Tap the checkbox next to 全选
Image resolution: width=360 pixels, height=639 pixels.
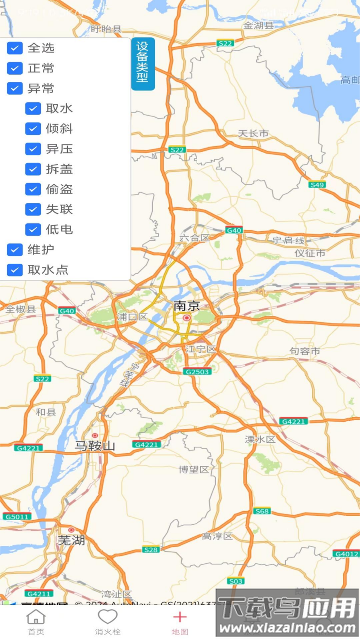coord(15,48)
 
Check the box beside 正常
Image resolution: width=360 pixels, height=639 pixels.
coord(15,68)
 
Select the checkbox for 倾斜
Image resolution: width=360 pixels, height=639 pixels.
coord(33,129)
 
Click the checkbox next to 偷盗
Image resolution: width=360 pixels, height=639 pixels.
coord(33,189)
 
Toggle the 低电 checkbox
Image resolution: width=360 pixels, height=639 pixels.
coord(33,229)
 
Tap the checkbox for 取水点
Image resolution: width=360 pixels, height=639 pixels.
coord(15,270)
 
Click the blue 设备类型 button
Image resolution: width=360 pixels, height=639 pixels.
coord(143,63)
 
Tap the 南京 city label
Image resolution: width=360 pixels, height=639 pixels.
coord(186,306)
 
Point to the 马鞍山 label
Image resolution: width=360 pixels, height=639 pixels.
coord(94,446)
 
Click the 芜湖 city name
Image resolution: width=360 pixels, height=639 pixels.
coord(71,540)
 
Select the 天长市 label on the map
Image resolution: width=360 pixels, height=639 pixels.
coord(253,133)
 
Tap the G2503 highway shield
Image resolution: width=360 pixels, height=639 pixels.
coord(197,372)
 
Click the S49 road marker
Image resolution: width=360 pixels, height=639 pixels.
coord(317,184)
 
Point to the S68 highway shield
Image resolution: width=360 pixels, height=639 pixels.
coord(262,511)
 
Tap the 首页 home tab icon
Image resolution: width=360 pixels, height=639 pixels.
coord(36,617)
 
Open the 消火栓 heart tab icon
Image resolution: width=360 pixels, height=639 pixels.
coord(108,617)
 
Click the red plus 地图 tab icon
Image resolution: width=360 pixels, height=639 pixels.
coord(180,617)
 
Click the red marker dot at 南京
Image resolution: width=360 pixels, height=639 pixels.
coord(186,318)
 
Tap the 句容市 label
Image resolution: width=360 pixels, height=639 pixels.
coord(305,351)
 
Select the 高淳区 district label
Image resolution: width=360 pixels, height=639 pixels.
coord(217,536)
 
